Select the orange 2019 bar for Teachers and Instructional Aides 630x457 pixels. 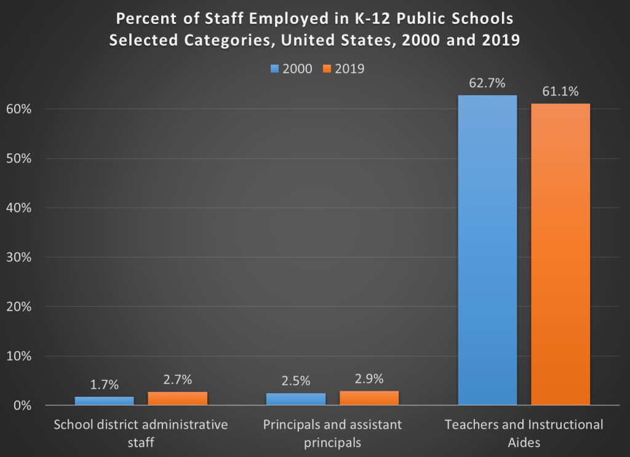coord(560,254)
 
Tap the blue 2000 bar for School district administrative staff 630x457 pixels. coord(104,400)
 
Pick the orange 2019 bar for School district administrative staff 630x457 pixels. coord(177,398)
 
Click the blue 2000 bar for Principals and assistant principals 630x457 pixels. coord(295,399)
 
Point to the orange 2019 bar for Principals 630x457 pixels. coord(369,398)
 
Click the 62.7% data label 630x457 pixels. coord(487,83)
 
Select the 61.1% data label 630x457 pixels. coord(560,92)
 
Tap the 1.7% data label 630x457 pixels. coord(104,385)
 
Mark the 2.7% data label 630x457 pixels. coord(177,380)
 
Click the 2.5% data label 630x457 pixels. coord(295,381)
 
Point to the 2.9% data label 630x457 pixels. coord(369,380)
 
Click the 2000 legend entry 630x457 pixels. coord(292,68)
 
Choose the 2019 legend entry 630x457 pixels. coord(343,68)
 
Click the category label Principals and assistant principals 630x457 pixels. coord(332,433)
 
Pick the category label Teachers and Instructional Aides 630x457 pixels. coord(524,433)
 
